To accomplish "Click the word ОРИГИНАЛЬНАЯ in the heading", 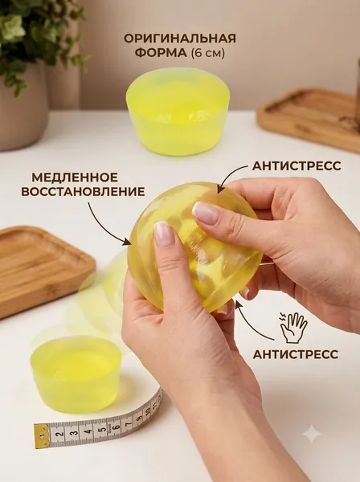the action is (x=180, y=39).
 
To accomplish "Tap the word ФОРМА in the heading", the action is (x=161, y=53).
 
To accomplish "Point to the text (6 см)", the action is (x=208, y=53).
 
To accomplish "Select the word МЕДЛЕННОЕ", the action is (x=75, y=178).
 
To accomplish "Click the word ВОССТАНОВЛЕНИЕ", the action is (x=83, y=192).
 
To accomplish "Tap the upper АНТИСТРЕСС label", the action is (x=297, y=165).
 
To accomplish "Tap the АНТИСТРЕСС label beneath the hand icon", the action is (x=296, y=353).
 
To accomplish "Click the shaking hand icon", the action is (x=293, y=327).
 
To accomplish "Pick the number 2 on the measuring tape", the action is (x=60, y=434).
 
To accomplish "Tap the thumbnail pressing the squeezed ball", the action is (x=206, y=210).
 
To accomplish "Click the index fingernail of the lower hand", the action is (x=164, y=234).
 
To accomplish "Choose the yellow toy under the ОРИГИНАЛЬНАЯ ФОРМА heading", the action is (x=179, y=110).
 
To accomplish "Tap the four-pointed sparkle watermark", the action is (x=312, y=433).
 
